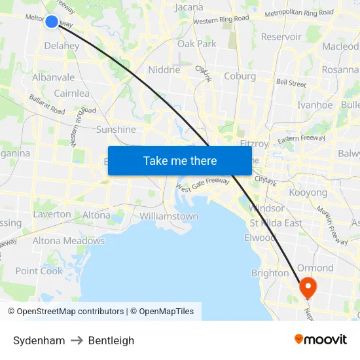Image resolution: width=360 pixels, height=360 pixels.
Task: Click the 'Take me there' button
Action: point(180,160)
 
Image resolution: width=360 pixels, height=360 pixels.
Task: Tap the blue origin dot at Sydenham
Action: point(52,22)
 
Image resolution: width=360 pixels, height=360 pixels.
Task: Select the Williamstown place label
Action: point(169,216)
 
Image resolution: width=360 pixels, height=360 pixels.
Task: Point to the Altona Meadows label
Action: point(69,241)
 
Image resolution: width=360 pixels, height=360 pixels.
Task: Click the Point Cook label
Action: point(39,271)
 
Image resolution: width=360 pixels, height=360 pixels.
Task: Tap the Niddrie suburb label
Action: point(164,69)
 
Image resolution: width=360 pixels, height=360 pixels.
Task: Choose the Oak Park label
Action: point(197,44)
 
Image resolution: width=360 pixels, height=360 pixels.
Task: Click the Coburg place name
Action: point(240,76)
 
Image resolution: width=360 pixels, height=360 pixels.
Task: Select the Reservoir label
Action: point(281,37)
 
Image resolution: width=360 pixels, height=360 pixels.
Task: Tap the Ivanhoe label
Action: point(315,105)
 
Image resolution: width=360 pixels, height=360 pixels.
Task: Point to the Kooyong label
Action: point(308,193)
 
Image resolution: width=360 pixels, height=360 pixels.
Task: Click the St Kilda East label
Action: point(276,223)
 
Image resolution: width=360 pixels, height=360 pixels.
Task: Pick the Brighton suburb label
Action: point(270,273)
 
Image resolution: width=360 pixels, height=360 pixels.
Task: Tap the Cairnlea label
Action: point(71,93)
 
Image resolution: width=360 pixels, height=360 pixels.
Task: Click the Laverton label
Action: point(52,214)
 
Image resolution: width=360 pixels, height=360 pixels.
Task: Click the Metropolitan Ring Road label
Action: point(299,13)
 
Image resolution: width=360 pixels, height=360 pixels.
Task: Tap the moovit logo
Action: point(321,340)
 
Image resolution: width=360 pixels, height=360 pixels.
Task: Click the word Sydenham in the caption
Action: point(39,340)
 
